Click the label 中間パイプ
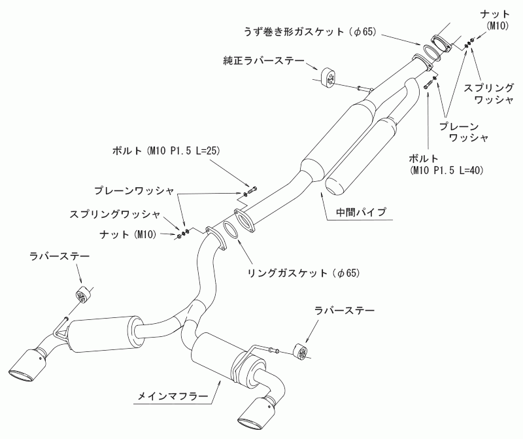tap(361, 213)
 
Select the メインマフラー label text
tap(173, 396)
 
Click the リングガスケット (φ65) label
tap(303, 273)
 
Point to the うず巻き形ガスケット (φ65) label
tap(310, 32)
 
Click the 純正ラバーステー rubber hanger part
tap(329, 77)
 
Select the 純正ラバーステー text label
tap(263, 61)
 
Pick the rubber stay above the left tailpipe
tap(81, 294)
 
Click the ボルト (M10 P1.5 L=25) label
tap(166, 151)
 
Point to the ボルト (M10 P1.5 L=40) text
tap(447, 164)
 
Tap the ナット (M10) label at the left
tap(128, 234)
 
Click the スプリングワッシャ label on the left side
tap(115, 215)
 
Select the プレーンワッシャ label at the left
tap(134, 191)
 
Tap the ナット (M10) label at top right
tap(495, 20)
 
